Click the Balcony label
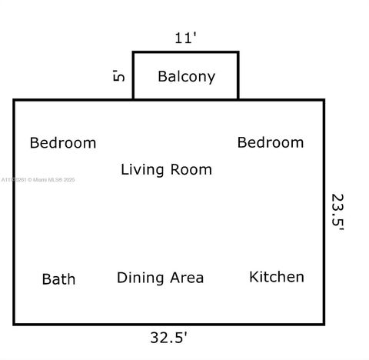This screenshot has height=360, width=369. [x=186, y=77]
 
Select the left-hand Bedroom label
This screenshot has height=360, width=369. [x=63, y=143]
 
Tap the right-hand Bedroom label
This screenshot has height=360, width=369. [x=271, y=142]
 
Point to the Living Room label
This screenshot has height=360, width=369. [x=166, y=170]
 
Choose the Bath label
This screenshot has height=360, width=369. [x=58, y=278]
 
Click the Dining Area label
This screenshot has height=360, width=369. [x=160, y=278]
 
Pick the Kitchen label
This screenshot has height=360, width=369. [x=277, y=277]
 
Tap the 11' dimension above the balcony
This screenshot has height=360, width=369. [x=186, y=38]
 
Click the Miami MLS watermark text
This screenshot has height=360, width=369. [x=38, y=180]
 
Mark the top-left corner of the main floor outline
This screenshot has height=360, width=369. [x=15, y=100]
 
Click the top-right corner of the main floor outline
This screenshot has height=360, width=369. [x=324, y=100]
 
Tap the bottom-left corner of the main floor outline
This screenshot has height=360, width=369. [x=15, y=323]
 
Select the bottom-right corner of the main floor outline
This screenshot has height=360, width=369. [x=324, y=323]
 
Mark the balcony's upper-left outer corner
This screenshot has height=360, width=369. [x=134, y=52]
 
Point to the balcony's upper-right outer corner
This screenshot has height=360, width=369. [x=238, y=52]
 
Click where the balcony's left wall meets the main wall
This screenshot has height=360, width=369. [x=134, y=99]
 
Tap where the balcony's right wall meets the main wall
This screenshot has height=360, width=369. [x=238, y=99]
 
